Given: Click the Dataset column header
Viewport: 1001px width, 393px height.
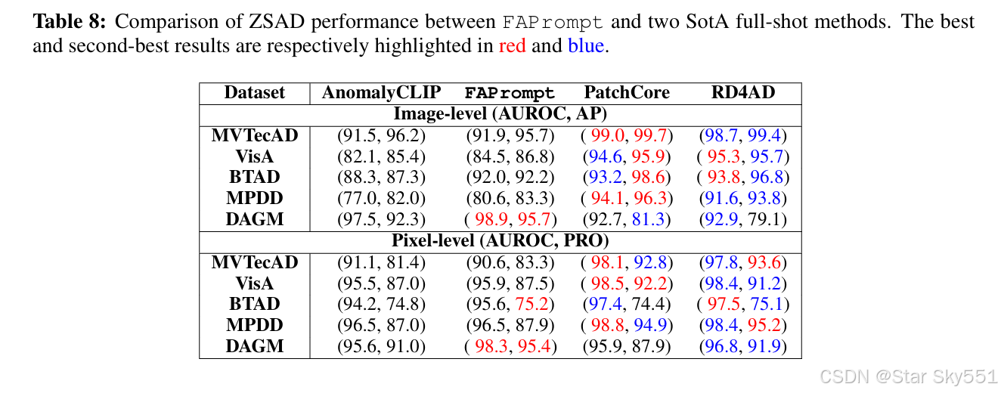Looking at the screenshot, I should [x=255, y=93].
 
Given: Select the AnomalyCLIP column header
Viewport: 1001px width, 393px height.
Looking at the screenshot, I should [x=381, y=93].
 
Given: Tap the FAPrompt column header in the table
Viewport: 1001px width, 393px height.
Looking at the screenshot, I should [x=510, y=94].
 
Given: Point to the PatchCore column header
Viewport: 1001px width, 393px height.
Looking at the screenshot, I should [x=627, y=93].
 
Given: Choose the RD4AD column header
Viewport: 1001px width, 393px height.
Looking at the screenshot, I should [x=743, y=93].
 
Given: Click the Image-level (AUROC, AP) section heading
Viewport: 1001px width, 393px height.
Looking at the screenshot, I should [x=500, y=114].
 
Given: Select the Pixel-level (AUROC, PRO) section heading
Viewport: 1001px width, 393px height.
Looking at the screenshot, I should [x=500, y=241].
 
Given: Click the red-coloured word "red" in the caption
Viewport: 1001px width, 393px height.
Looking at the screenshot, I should [x=512, y=46].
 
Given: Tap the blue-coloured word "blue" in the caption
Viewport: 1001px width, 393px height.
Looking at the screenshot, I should [x=586, y=46].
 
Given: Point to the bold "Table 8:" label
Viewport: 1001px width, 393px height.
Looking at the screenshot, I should [x=70, y=21].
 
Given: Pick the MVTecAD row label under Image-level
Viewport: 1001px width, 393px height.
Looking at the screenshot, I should [x=255, y=135].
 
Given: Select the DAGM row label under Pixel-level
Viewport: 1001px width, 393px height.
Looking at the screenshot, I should [x=255, y=346].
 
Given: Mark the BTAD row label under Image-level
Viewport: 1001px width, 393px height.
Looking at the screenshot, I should [x=255, y=178].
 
